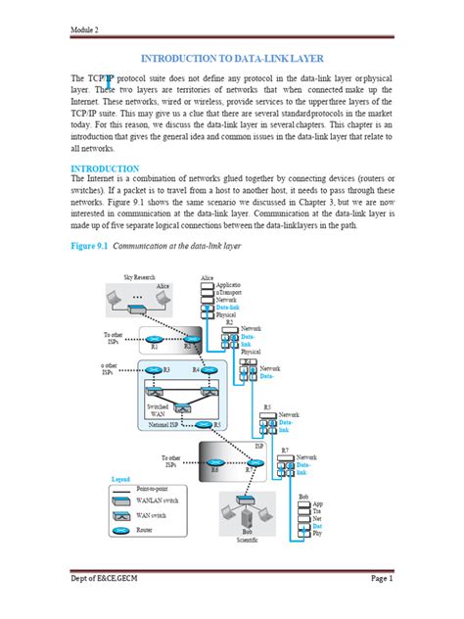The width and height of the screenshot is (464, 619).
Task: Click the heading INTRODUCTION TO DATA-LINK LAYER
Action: tap(232, 59)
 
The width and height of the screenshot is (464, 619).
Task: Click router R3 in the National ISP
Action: tap(155, 370)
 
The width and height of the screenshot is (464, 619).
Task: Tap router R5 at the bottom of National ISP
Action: tap(203, 425)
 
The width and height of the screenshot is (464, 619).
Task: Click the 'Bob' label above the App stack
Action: tap(303, 497)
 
